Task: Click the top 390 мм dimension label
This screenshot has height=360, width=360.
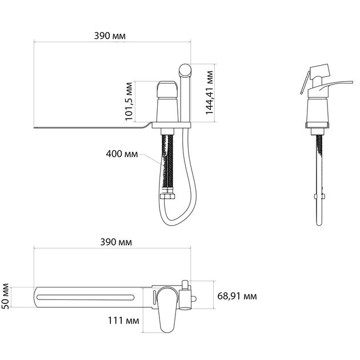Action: tap(110, 36)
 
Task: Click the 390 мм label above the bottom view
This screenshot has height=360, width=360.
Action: tap(116, 242)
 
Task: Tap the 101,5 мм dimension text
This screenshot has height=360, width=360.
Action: tap(129, 101)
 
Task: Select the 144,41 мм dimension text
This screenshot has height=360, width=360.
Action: tap(209, 93)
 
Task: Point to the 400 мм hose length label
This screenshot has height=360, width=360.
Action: tap(122, 154)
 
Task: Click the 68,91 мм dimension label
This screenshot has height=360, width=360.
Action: tap(237, 296)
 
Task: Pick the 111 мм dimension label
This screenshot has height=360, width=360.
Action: tap(123, 321)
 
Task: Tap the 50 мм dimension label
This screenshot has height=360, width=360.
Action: tap(5, 297)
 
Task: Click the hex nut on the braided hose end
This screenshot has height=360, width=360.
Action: tap(167, 197)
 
